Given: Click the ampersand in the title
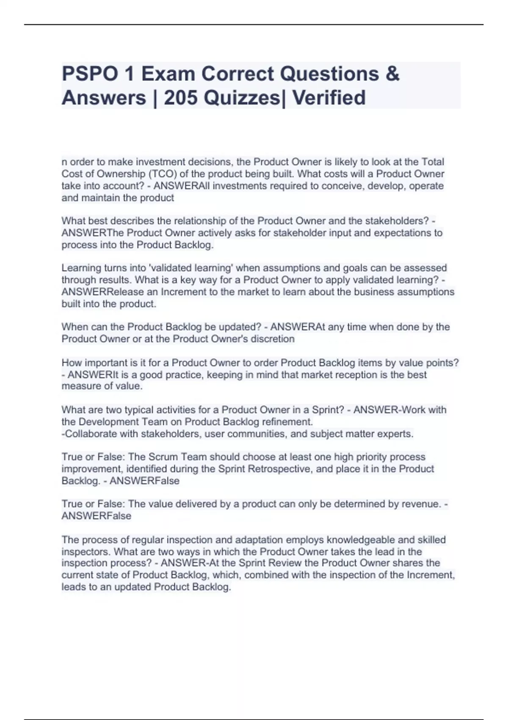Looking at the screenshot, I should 392,74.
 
